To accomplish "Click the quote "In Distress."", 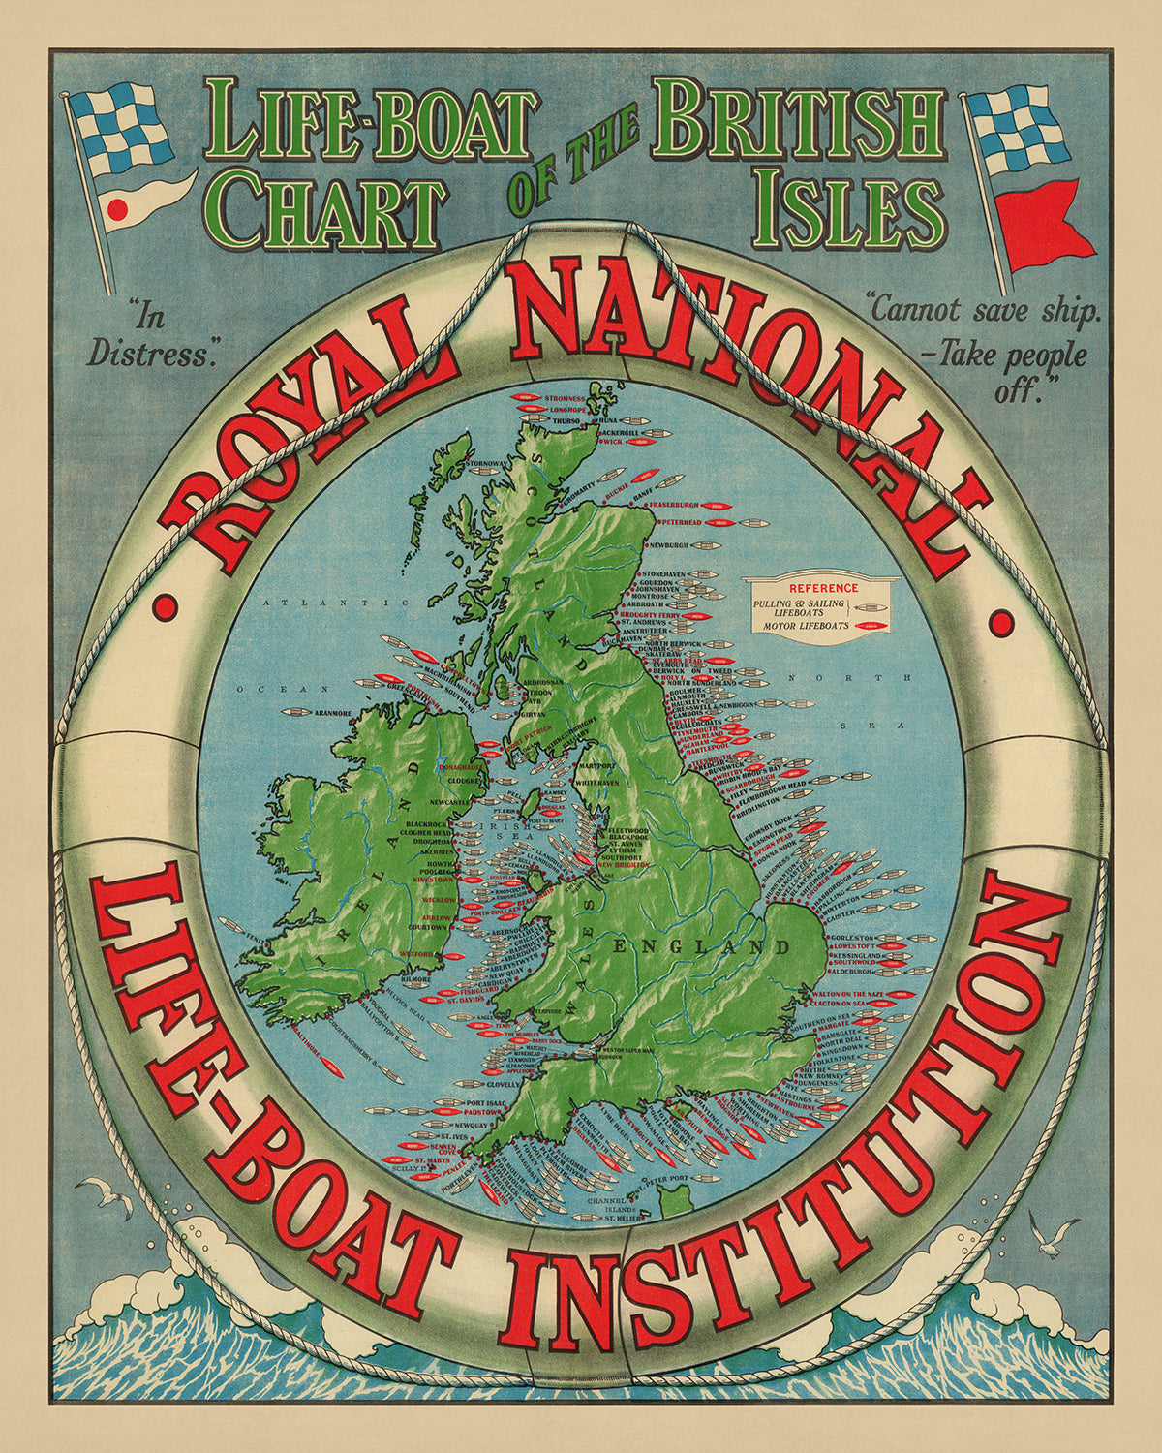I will pos(151,335).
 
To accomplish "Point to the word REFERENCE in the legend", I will pos(823,588).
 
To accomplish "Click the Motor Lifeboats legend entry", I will pos(805,626).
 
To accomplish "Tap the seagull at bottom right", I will pos(1052,1234).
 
